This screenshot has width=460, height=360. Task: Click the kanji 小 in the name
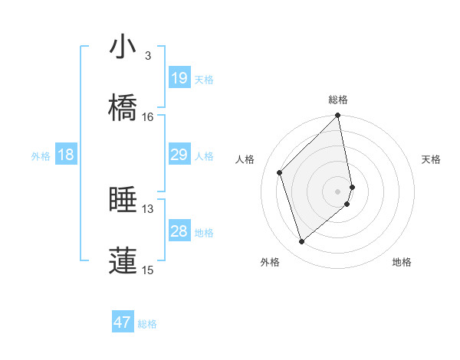pyautogui.click(x=123, y=47)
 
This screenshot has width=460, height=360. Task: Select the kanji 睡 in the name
pyautogui.click(x=123, y=200)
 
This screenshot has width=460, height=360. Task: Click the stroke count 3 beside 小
pyautogui.click(x=147, y=56)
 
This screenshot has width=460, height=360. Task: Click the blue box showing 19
pyautogui.click(x=179, y=78)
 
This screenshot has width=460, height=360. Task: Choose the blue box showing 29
pyautogui.click(x=179, y=155)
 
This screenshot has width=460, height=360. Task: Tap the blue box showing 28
pyautogui.click(x=179, y=231)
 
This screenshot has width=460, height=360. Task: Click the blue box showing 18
pyautogui.click(x=66, y=155)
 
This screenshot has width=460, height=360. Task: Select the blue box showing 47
pyautogui.click(x=123, y=322)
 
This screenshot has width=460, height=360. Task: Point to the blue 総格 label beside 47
pyautogui.click(x=147, y=325)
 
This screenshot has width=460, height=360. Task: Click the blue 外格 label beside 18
pyautogui.click(x=41, y=156)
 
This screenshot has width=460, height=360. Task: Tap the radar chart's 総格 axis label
pyautogui.click(x=338, y=100)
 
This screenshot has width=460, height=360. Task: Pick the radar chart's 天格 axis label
pyautogui.click(x=432, y=159)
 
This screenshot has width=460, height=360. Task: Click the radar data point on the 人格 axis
pyautogui.click(x=280, y=172)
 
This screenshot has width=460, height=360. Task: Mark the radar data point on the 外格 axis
pyautogui.click(x=302, y=242)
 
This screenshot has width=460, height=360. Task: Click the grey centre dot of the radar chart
pyautogui.click(x=338, y=191)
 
